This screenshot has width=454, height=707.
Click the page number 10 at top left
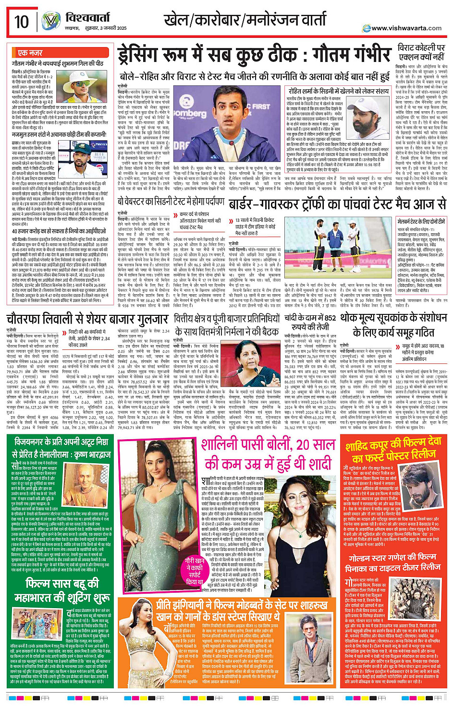pyautogui.click(x=22, y=22)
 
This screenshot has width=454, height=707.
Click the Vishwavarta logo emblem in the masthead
pyautogui.click(x=51, y=22)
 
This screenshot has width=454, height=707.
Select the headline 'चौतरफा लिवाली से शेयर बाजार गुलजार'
pyautogui.click(x=87, y=319)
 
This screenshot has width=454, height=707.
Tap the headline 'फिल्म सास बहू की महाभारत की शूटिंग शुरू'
pyautogui.click(x=62, y=590)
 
